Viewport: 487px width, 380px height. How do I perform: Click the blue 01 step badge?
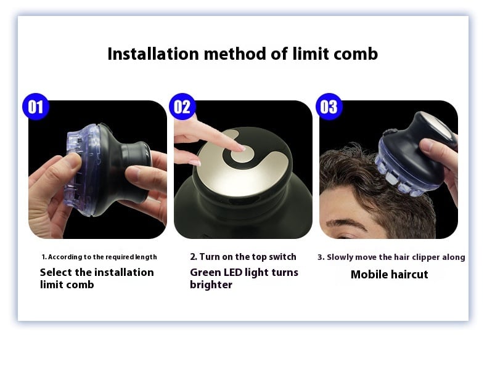pyautogui.click(x=36, y=107)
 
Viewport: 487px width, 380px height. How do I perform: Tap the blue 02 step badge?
pyautogui.click(x=182, y=107)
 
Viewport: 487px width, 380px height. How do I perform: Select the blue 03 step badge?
pyautogui.click(x=329, y=107)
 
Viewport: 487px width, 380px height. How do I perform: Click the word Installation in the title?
pyautogui.click(x=153, y=54)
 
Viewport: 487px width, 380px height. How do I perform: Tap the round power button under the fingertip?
pyautogui.click(x=242, y=154)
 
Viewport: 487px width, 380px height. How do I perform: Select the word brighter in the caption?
pyautogui.click(x=211, y=285)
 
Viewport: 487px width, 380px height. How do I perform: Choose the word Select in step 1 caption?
pyautogui.click(x=56, y=272)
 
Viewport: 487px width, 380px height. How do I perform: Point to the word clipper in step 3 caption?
pyautogui.click(x=425, y=257)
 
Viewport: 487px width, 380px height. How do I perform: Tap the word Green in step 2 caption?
pyautogui.click(x=205, y=272)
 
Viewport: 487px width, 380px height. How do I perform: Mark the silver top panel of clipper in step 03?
pyautogui.click(x=437, y=123)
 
